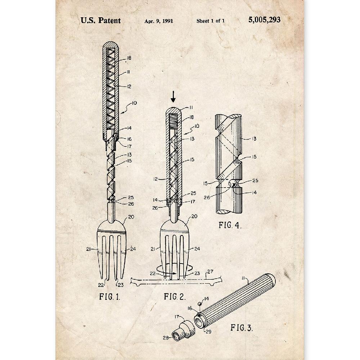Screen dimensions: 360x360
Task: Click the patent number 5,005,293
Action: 264,20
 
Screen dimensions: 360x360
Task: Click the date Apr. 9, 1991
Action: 159,21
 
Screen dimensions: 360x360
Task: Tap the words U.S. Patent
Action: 100,21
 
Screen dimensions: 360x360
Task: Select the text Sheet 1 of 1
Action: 211,21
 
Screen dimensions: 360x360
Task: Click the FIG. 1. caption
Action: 109,297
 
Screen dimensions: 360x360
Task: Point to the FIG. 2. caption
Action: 175,297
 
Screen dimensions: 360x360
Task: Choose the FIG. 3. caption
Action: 242,327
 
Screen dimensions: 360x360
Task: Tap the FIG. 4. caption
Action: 230,225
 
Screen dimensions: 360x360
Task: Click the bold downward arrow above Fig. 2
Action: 174,96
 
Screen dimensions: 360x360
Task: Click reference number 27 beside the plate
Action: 210,272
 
